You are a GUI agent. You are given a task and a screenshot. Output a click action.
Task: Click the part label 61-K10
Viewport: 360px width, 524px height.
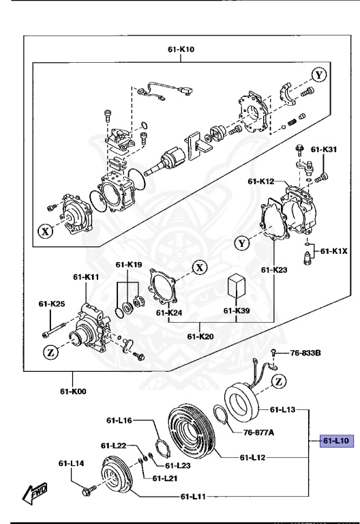pyautogui.click(x=181, y=49)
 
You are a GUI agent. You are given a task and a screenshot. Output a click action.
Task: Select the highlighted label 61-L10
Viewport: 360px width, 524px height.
pyautogui.click(x=335, y=441)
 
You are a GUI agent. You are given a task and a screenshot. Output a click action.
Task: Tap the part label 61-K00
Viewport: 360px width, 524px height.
pyautogui.click(x=72, y=392)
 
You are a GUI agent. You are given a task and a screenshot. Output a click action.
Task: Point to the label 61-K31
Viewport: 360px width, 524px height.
pyautogui.click(x=324, y=149)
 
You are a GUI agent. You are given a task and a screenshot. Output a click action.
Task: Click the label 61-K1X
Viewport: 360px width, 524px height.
pyautogui.click(x=334, y=250)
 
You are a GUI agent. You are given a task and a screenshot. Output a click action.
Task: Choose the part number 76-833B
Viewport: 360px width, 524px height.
pyautogui.click(x=305, y=353)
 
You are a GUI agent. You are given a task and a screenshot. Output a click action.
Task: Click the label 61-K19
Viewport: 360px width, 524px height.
pyautogui.click(x=128, y=264)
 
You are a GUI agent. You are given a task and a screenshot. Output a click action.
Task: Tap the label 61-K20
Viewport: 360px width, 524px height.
pyautogui.click(x=200, y=336)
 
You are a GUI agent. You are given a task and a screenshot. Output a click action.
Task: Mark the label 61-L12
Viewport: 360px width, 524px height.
pyautogui.click(x=254, y=457)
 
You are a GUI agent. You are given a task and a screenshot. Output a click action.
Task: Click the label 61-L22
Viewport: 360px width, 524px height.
pyautogui.click(x=115, y=446)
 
